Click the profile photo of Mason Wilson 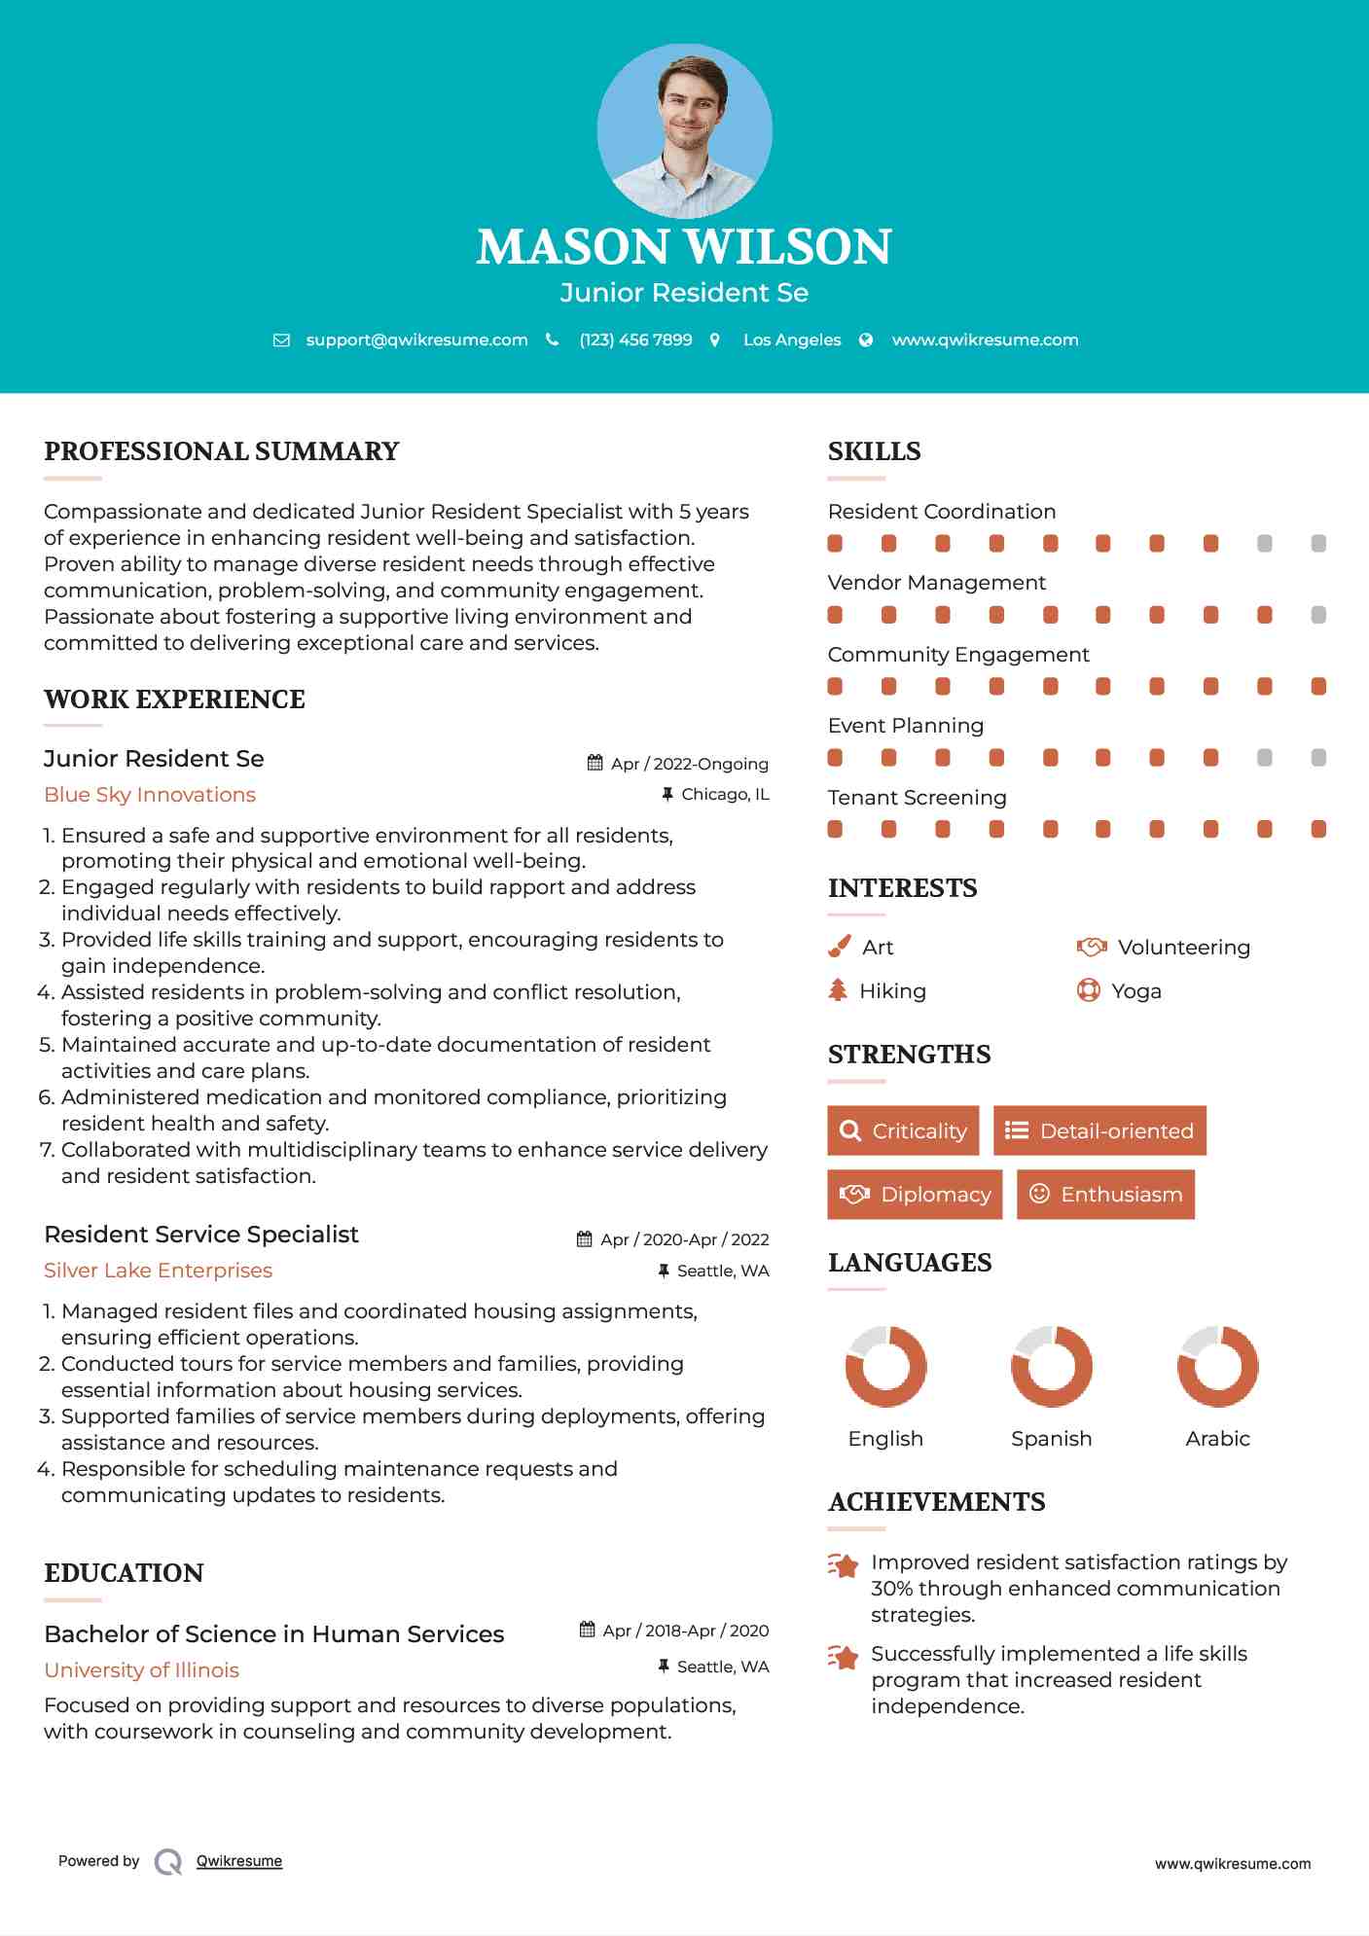coord(684,130)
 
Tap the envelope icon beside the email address coord(281,341)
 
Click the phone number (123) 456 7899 coord(635,341)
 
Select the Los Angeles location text coord(791,341)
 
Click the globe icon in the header coord(866,341)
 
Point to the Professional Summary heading coord(222,451)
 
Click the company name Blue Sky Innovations coord(150,795)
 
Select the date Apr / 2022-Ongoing coord(689,764)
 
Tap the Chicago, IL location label coord(725,795)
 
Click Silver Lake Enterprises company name coord(158,1271)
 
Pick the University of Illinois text coord(141,1670)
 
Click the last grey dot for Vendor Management coord(1318,615)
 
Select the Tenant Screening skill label coord(917,798)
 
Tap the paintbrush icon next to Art coord(839,947)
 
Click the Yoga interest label coord(1136,991)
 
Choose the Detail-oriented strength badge coord(1099,1130)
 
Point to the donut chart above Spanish coord(1052,1366)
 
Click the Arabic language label coord(1217,1439)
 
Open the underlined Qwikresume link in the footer coord(239,1861)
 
